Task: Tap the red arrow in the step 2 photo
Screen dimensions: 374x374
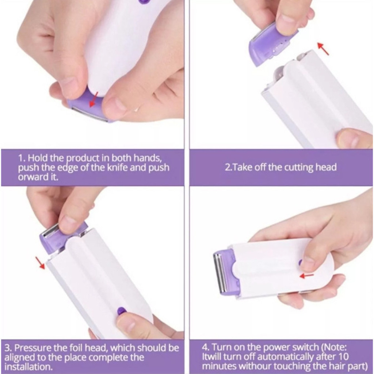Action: coord(323,49)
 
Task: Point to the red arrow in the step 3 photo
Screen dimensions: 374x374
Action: coord(40,263)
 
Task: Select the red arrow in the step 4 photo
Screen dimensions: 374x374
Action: coord(306,276)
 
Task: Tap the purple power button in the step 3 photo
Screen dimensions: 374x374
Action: coord(121,310)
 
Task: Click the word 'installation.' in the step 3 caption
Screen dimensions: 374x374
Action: coord(28,366)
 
